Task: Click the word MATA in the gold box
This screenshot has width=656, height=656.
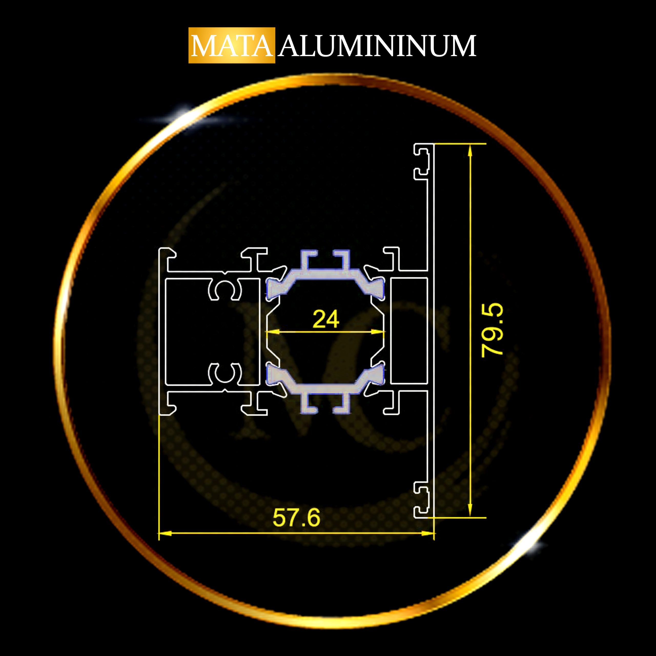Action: click(232, 46)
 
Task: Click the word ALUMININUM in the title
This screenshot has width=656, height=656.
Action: click(377, 46)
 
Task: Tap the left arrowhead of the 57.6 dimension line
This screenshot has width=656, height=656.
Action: click(165, 534)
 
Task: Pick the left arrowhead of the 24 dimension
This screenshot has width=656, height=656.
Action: click(273, 331)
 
